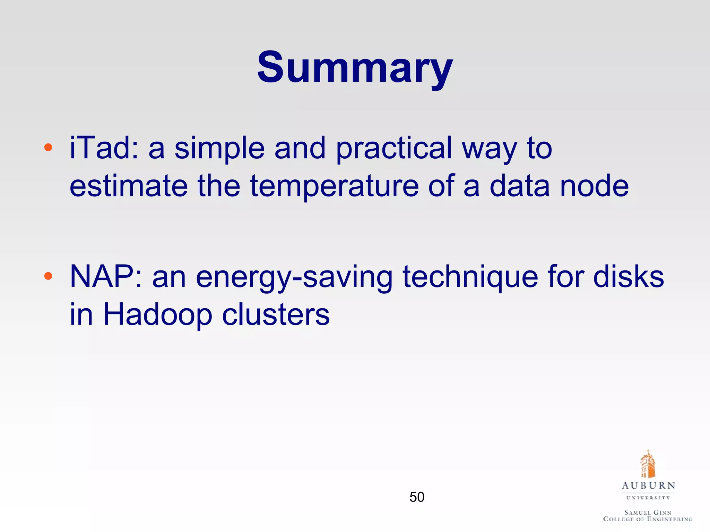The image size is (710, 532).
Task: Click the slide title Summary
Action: [355, 68]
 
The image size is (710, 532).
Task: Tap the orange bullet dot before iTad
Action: [48, 148]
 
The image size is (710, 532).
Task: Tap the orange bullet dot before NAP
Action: [48, 276]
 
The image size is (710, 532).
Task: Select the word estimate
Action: [129, 186]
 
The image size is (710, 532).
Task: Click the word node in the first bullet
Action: [594, 186]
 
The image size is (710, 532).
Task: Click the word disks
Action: [628, 277]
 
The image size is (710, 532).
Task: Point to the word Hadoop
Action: [157, 316]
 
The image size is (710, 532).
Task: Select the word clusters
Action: [276, 315]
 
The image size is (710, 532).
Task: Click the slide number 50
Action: [417, 497]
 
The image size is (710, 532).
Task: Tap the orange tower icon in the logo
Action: [648, 464]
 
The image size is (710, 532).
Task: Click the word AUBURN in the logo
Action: [648, 486]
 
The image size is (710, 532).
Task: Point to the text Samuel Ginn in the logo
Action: [648, 512]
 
